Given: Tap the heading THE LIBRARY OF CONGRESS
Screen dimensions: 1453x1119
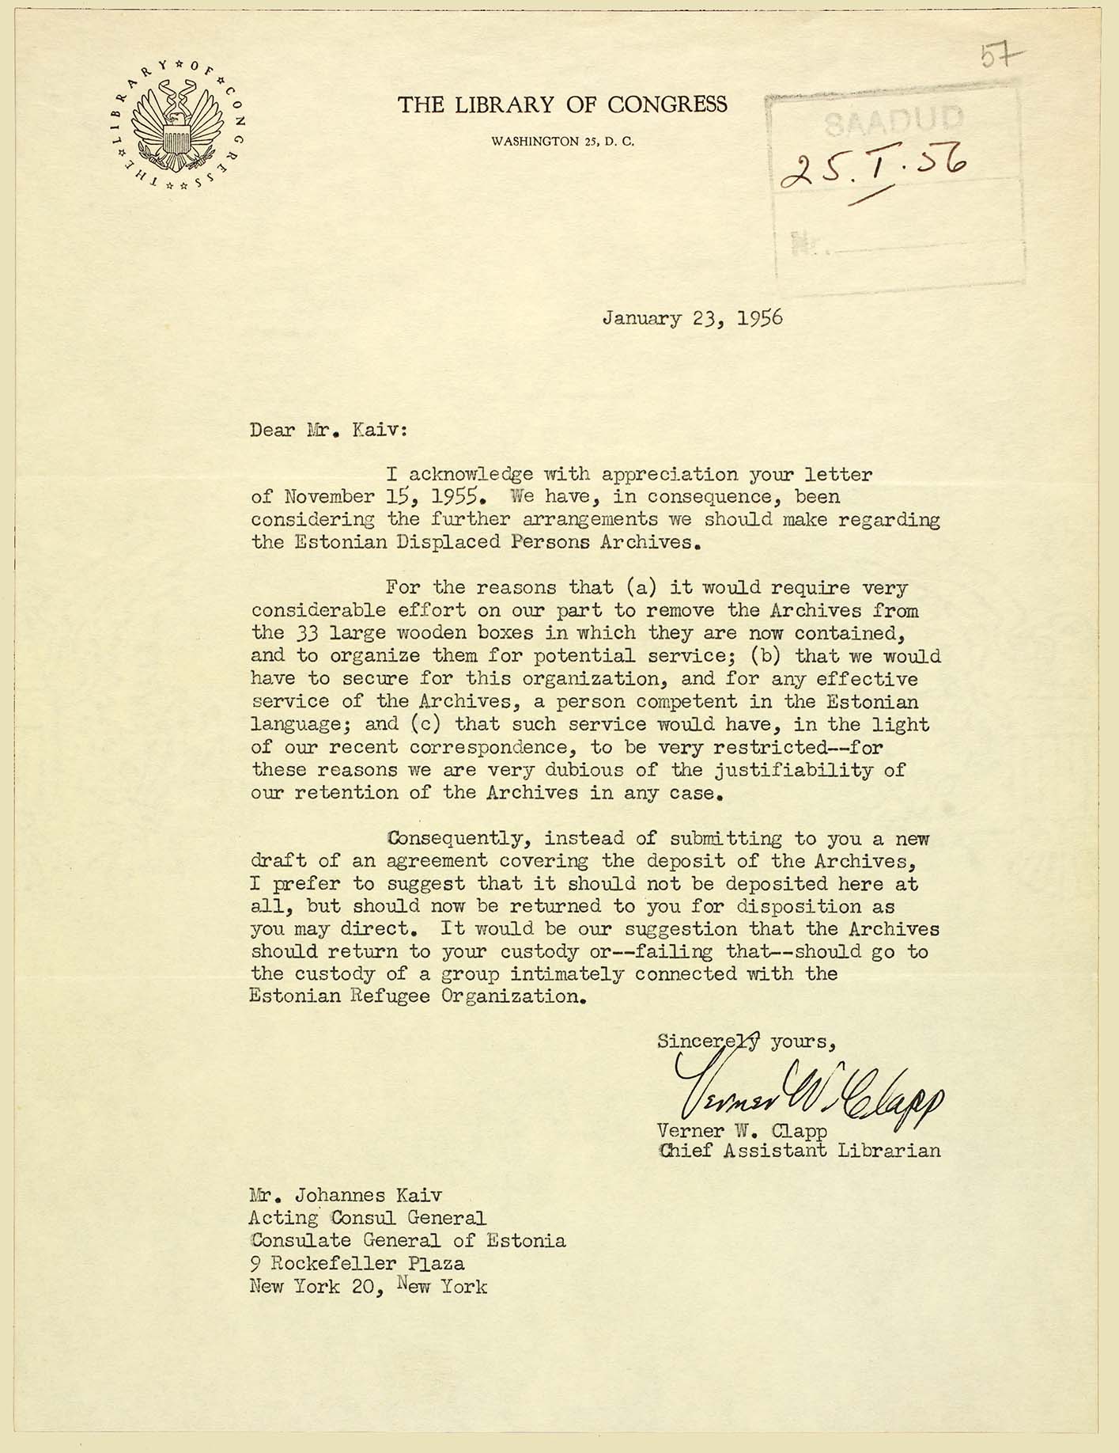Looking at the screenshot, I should pos(562,104).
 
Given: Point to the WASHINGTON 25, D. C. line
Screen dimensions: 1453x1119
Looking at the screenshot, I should pos(562,142).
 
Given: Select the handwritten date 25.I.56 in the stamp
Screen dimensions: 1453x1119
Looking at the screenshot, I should pos(875,168).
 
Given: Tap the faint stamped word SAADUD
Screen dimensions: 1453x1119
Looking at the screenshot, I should pos(894,120).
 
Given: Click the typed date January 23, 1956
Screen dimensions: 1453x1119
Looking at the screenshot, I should pos(692,318).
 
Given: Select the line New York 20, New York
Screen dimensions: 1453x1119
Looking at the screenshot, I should pos(369,1287).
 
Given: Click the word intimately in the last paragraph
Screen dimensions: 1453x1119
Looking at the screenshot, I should pos(566,973).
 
